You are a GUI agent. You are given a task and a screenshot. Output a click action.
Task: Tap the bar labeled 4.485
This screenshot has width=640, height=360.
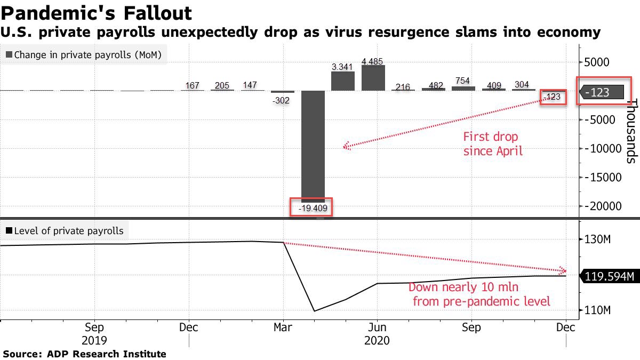pyautogui.click(x=373, y=78)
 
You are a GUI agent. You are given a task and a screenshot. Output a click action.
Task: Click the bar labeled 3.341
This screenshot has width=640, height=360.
pyautogui.click(x=342, y=81)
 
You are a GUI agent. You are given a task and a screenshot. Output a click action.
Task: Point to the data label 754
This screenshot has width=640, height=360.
pyautogui.click(x=462, y=81)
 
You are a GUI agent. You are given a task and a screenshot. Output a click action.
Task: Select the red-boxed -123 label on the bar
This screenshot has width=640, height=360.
pyautogui.click(x=553, y=97)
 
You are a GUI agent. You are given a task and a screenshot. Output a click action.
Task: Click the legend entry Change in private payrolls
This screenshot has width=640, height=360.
pyautogui.click(x=85, y=54)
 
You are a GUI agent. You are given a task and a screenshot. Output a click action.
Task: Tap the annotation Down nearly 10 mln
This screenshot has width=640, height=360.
pyautogui.click(x=478, y=294)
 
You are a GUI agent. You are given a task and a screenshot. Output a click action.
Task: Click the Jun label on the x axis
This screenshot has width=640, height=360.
pyautogui.click(x=377, y=327)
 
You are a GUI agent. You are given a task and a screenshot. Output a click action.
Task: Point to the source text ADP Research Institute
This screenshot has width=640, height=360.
pyautogui.click(x=85, y=354)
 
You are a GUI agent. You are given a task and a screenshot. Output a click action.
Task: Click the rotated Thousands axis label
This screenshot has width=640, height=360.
pyautogui.click(x=631, y=131)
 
